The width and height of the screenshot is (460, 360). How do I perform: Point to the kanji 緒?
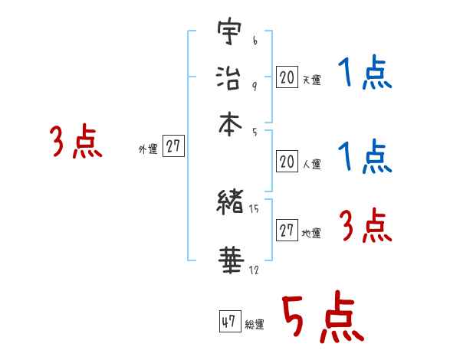point(229,203)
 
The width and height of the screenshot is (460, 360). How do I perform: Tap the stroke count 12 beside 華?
point(255,269)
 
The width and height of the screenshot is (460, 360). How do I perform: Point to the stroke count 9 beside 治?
point(255,85)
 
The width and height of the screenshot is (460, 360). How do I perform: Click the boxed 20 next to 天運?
point(287,77)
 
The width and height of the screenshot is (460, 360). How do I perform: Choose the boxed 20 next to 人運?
point(287,161)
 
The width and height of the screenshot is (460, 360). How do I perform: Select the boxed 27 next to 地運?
point(287,231)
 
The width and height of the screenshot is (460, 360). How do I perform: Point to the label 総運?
point(255,325)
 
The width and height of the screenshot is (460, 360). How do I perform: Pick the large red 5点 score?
point(322,320)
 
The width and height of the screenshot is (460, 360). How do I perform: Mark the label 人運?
point(312,165)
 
